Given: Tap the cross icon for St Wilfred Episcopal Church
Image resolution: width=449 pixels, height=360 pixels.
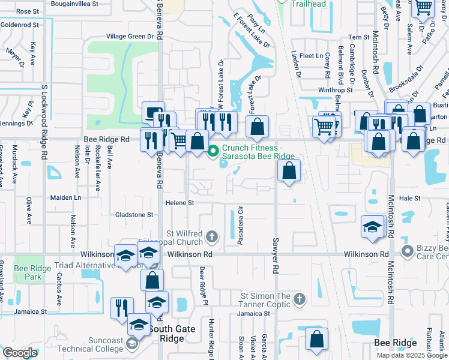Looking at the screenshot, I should tap(211, 236).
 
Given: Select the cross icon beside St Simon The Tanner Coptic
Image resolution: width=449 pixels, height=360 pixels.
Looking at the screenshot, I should tap(300, 298).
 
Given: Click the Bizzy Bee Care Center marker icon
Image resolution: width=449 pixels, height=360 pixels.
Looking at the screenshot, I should tap(408, 250).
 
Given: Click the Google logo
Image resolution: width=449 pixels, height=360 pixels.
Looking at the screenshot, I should tap(20, 353).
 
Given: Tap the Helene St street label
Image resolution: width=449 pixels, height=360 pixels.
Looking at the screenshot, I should tap(179, 203).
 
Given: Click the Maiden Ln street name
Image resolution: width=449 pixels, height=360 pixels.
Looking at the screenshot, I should tap(65, 197).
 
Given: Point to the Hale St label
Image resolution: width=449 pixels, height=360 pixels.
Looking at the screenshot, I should tap(409, 197).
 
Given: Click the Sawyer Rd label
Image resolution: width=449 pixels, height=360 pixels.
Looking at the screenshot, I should tap(277, 254).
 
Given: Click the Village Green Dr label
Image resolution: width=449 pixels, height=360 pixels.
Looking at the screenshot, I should tap(130, 37).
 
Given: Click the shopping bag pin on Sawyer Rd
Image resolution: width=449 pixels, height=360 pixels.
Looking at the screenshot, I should tap(289, 170).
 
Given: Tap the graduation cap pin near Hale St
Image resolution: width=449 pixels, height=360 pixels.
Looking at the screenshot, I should tap(372, 227).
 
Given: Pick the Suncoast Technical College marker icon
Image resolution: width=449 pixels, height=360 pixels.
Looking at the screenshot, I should tap(131, 345).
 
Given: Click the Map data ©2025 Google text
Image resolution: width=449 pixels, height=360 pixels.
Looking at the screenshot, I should tap(411, 355).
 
